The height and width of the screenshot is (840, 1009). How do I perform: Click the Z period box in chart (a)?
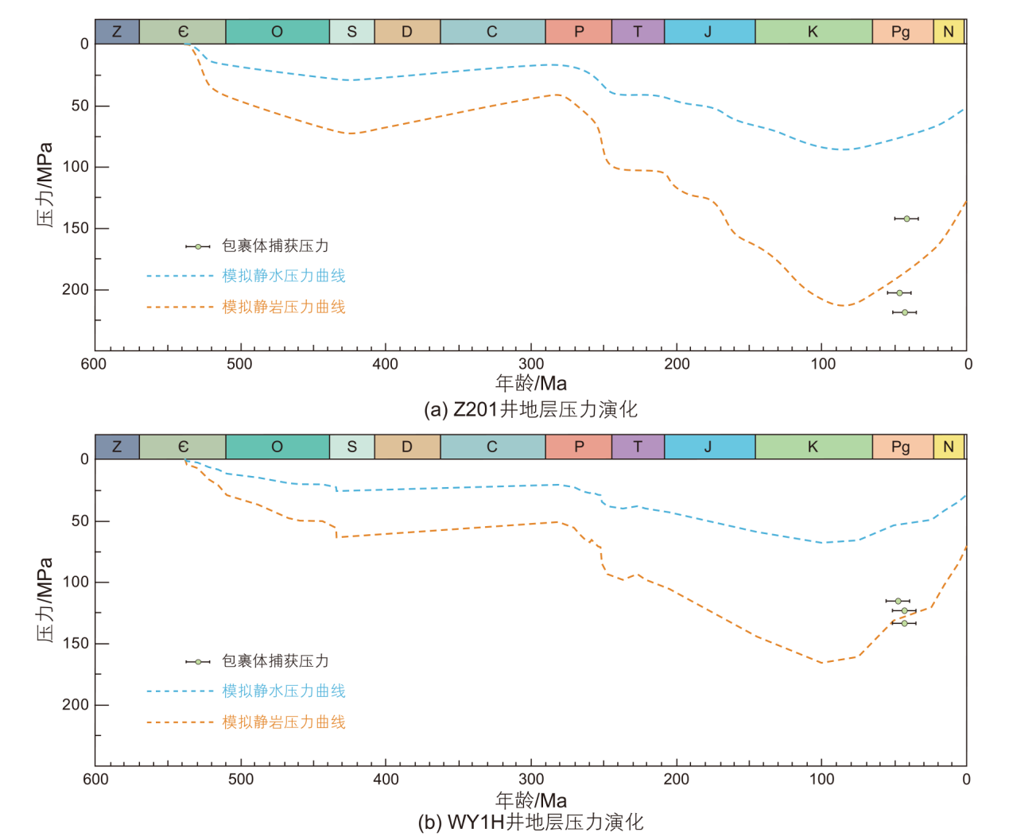point(117,32)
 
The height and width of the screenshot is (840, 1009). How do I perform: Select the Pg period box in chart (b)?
point(902,447)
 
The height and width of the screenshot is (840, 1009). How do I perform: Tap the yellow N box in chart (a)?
point(949,32)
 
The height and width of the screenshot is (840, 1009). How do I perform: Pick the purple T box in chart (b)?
point(638,447)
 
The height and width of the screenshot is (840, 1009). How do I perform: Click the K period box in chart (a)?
point(813,32)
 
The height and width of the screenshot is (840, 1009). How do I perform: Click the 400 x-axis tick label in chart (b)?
point(386,780)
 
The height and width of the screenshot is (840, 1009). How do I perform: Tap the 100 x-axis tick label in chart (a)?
point(823,364)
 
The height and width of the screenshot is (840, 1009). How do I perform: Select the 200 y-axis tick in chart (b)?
point(76,705)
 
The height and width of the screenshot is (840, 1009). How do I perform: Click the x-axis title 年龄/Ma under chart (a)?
point(531,383)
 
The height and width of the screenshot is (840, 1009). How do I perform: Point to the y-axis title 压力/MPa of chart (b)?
point(45,600)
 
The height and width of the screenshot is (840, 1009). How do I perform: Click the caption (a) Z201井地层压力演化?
point(530,409)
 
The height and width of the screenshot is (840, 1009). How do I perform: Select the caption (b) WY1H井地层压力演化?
point(530,823)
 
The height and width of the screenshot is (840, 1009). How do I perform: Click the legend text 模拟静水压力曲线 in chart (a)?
point(284,276)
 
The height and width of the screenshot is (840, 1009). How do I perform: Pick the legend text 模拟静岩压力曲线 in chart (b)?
point(284,722)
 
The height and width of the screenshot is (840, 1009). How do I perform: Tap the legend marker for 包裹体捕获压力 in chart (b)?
point(198,661)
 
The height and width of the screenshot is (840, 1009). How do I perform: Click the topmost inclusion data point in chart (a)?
point(906,219)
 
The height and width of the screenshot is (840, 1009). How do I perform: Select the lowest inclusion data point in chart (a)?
point(905,312)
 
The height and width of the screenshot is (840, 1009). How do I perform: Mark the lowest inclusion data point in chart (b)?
point(904,623)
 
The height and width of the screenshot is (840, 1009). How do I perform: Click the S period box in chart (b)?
point(351,447)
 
